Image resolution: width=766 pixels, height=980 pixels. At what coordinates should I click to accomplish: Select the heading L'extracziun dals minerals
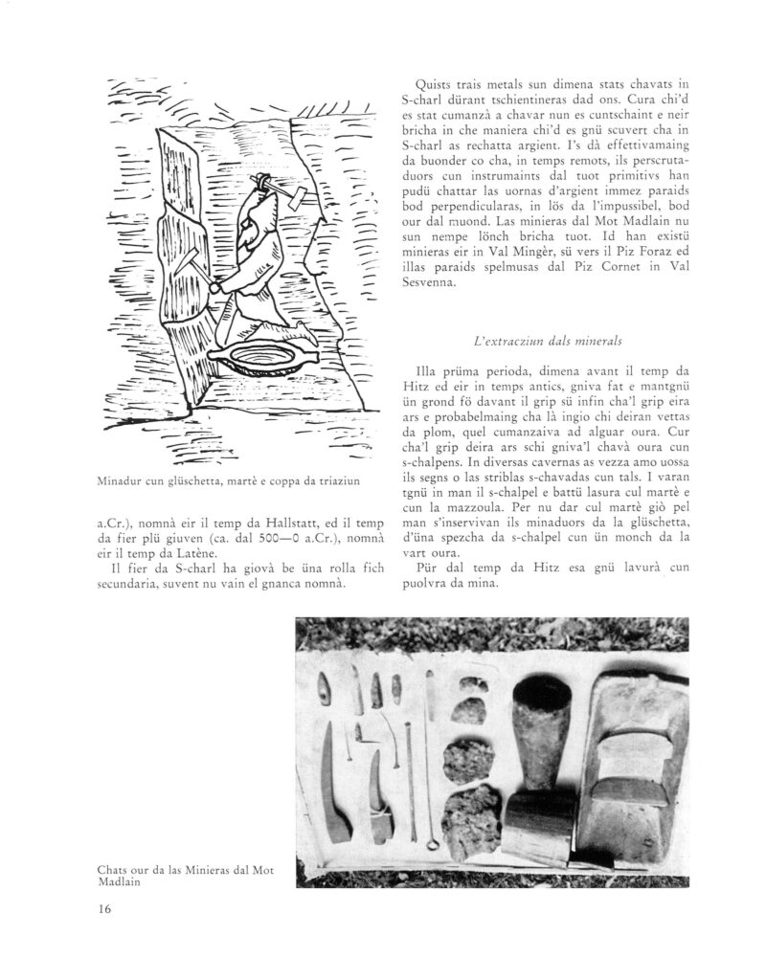coord(542,340)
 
